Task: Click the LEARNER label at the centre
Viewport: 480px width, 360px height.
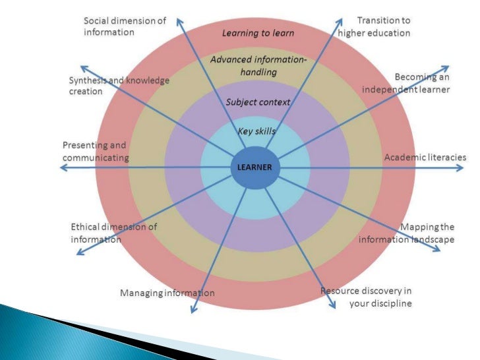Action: [x=255, y=167]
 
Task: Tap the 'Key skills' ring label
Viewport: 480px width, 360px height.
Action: [x=256, y=131]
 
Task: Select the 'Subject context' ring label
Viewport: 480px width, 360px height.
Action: [x=258, y=102]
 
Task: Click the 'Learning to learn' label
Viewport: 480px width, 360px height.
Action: [x=257, y=32]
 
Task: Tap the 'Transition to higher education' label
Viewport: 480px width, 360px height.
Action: [x=374, y=26]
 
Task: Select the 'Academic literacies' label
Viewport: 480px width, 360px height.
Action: [x=425, y=157]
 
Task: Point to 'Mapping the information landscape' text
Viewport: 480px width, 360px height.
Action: [x=407, y=233]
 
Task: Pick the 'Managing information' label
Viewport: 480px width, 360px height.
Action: [x=167, y=293]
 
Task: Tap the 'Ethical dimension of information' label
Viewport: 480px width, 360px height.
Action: [x=113, y=233]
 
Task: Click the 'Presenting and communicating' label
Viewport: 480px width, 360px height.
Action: [x=95, y=151]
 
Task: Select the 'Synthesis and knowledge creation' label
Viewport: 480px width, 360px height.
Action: [x=119, y=86]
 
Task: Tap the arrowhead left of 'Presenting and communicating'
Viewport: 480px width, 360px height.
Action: [x=63, y=168]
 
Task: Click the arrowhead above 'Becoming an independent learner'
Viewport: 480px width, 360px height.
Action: [x=446, y=67]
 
